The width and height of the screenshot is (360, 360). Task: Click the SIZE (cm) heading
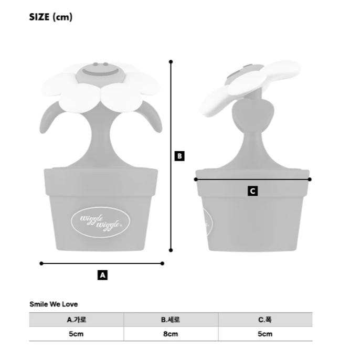click(x=51, y=17)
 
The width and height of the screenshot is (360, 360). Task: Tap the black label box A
click(x=102, y=275)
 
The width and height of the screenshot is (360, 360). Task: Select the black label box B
click(x=179, y=156)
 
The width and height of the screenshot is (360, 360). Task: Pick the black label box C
click(x=252, y=191)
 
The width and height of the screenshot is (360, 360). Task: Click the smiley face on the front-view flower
click(x=101, y=73)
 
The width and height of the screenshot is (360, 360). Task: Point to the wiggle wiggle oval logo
click(x=100, y=223)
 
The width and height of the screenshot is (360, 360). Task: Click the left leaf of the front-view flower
click(x=49, y=118)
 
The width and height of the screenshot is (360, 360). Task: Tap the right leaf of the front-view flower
click(x=151, y=118)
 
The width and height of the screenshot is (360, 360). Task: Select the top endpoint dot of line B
click(x=171, y=62)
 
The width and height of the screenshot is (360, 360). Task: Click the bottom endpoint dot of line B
click(x=171, y=250)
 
